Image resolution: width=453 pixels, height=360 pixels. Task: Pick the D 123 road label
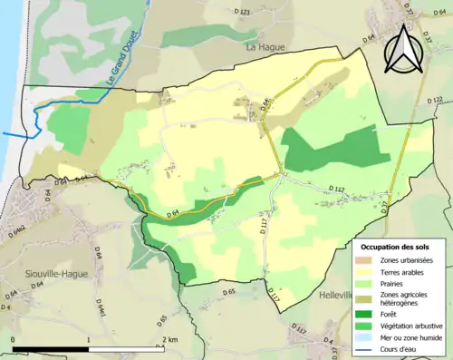(243, 12)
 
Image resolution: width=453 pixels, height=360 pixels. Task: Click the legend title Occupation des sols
(396, 247)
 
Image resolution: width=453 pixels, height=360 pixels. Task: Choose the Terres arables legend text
(400, 271)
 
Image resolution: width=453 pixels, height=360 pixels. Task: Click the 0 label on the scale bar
(14, 339)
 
